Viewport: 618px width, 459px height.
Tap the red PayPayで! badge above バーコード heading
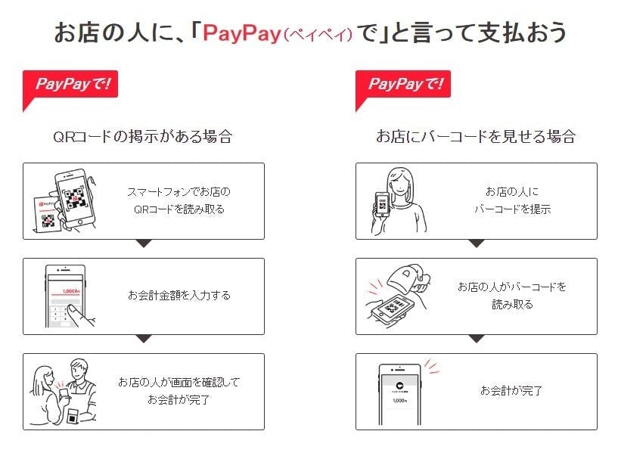(405, 84)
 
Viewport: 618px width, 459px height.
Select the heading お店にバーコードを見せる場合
(476, 136)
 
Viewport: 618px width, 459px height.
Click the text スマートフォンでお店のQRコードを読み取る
(179, 200)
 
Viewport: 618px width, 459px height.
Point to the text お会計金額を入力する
(179, 295)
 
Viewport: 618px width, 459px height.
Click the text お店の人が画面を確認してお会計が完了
(179, 391)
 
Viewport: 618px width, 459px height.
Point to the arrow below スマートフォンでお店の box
(143, 243)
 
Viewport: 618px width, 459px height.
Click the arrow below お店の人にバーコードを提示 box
(476, 243)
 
